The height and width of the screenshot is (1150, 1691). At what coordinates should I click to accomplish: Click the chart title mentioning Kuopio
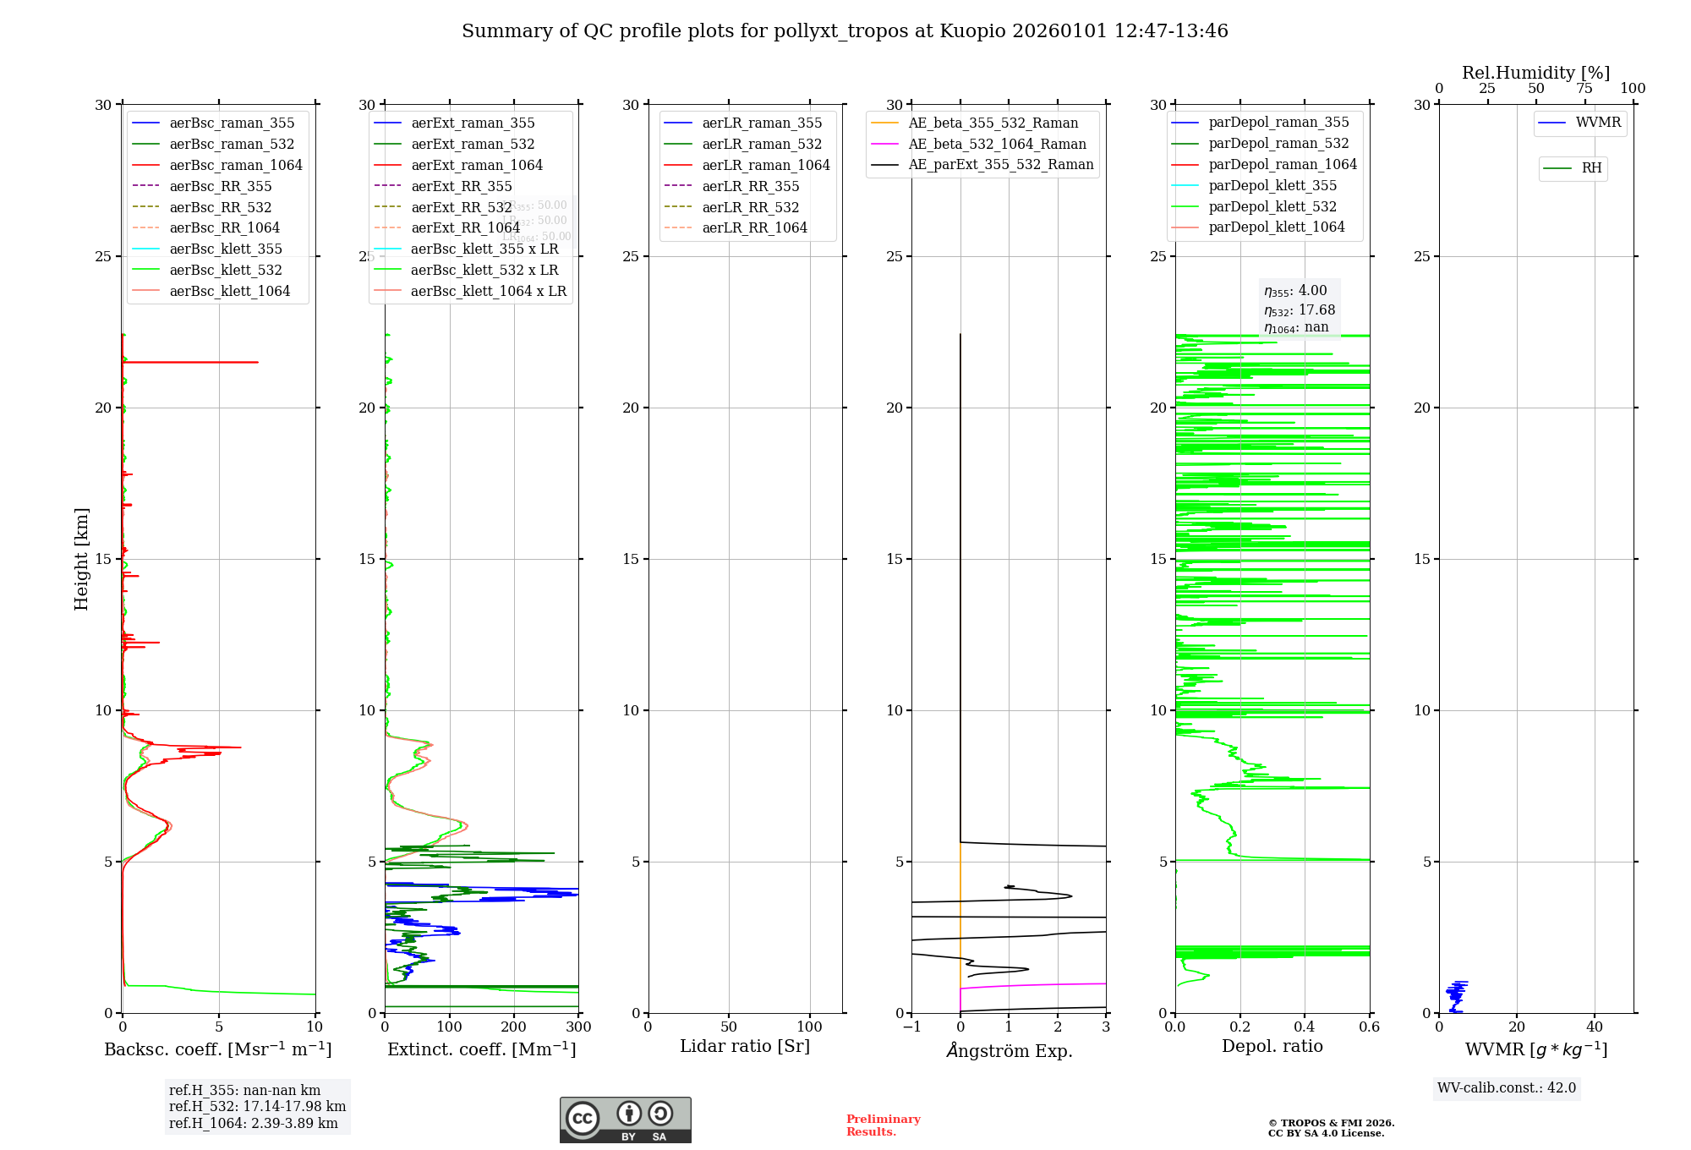point(845,31)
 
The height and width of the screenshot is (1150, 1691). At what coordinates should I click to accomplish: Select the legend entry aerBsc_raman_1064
point(235,165)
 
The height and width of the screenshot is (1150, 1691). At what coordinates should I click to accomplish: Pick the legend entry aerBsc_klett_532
point(225,270)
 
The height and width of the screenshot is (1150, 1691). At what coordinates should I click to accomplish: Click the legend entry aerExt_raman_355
point(473,123)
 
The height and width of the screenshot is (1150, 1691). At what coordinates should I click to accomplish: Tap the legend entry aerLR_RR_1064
point(754,227)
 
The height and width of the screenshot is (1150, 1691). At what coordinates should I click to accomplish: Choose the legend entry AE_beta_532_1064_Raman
point(997,144)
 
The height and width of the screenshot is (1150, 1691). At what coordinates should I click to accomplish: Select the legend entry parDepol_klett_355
point(1272,185)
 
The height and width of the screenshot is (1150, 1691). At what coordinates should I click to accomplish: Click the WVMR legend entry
point(1598,123)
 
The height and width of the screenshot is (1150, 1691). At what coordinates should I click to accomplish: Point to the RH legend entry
point(1591,168)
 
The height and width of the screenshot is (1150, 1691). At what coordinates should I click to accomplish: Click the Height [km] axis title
point(81,559)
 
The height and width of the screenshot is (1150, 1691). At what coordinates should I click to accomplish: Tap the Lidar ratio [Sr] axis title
point(745,1046)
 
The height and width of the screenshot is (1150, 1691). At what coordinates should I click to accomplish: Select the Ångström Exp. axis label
point(1009,1050)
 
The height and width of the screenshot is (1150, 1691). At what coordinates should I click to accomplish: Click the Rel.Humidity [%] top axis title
point(1535,73)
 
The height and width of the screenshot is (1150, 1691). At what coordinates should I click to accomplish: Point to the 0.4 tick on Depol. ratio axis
point(1305,1027)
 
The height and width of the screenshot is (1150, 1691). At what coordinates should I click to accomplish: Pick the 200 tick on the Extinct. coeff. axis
point(514,1027)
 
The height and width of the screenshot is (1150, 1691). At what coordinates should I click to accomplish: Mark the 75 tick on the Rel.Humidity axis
point(1584,89)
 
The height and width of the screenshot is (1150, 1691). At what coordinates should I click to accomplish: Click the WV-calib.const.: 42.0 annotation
point(1507,1087)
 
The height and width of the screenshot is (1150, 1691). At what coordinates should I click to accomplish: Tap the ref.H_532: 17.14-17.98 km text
point(257,1106)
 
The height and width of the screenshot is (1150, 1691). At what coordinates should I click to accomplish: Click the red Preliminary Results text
point(883,1125)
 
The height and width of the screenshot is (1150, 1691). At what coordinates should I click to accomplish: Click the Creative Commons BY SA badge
point(625,1120)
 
